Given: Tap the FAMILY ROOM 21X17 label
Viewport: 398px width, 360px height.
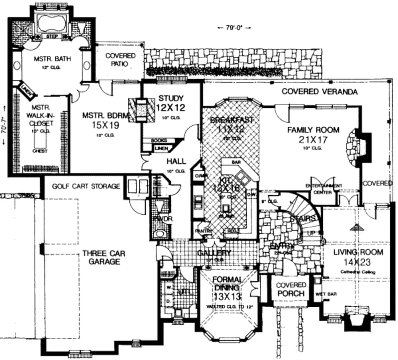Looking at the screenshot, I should click(313, 134).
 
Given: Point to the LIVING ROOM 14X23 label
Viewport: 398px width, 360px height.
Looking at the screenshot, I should click(359, 256).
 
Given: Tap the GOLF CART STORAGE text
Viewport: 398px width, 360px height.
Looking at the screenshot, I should click(86, 186).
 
